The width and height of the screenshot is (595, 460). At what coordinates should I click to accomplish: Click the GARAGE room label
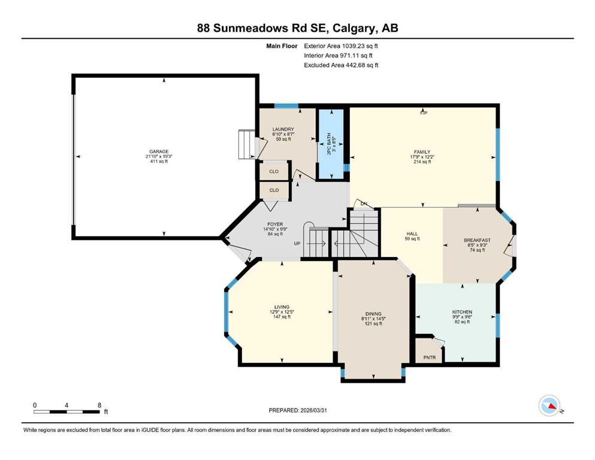pos(159,152)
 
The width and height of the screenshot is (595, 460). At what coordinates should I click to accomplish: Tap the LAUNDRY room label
pos(283,129)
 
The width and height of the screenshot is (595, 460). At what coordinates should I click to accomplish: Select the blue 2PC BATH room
pos(331,144)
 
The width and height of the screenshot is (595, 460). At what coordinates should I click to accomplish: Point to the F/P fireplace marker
pos(423,113)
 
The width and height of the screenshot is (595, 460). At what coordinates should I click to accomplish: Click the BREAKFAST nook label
pos(477,240)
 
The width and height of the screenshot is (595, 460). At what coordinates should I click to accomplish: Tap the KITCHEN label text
pos(462,312)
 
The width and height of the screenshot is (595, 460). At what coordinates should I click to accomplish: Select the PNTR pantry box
pos(429,358)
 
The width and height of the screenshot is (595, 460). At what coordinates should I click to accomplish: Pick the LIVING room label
pos(282,307)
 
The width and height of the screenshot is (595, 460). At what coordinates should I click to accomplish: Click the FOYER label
pos(275,224)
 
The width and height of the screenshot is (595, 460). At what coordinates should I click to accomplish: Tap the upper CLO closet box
pos(274,171)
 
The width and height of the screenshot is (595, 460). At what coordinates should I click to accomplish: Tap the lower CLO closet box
pos(274,190)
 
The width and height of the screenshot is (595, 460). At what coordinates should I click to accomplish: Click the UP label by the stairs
pos(297,244)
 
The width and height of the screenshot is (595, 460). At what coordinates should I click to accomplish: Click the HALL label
pos(412,234)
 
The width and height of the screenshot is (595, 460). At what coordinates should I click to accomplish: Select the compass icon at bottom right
pos(549,405)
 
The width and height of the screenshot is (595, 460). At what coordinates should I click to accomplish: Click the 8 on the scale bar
pos(99,405)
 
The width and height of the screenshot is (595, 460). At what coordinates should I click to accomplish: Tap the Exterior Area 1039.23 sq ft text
pos(341,46)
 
